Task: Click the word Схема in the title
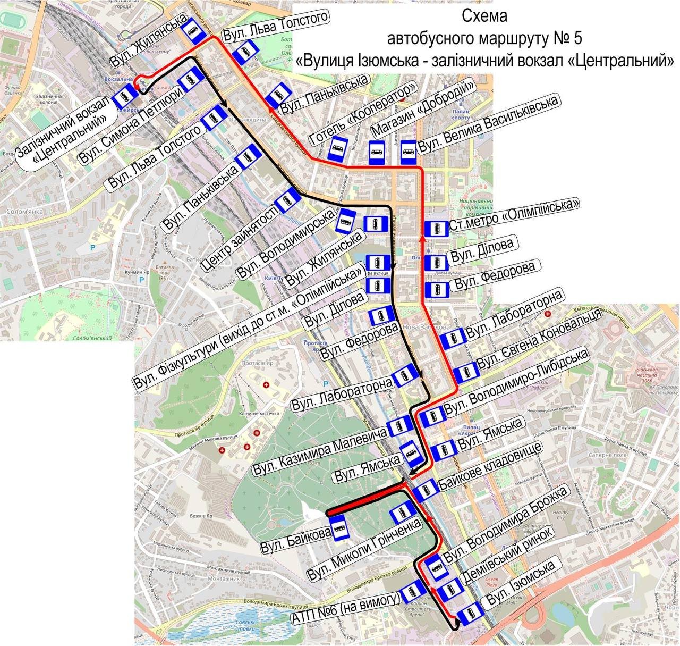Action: pyautogui.click(x=484, y=16)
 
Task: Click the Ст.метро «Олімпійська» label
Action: pyautogui.click(x=513, y=215)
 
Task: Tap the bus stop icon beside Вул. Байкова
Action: pyautogui.click(x=339, y=528)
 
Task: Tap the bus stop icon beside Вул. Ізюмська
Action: pyautogui.click(x=470, y=615)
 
